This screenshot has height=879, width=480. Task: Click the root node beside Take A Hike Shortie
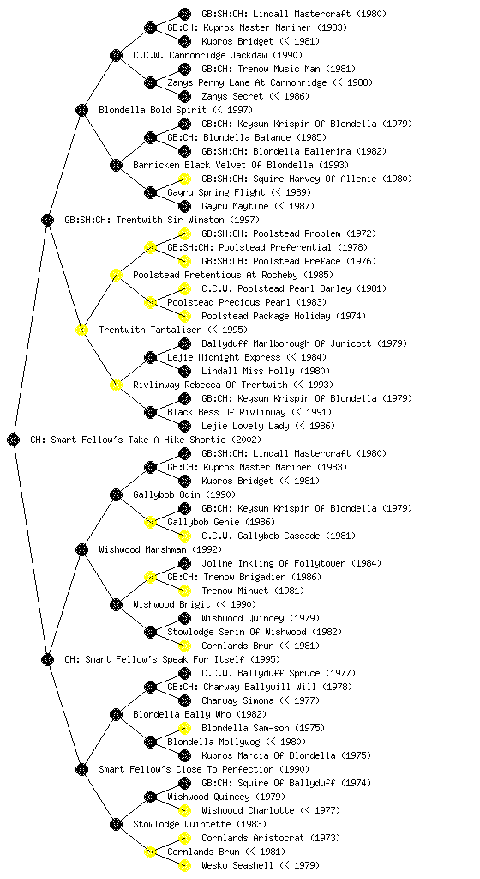[x=14, y=439]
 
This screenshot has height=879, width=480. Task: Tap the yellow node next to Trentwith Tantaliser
[x=81, y=330]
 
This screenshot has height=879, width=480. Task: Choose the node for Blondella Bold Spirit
[x=81, y=110]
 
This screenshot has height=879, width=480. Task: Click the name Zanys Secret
[x=232, y=96]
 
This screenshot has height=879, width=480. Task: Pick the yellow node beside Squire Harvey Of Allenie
[x=184, y=179]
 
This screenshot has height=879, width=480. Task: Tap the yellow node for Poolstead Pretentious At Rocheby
[x=116, y=275]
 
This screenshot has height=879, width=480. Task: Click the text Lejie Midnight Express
[x=224, y=357]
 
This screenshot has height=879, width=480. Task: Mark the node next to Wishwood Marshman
[x=81, y=549]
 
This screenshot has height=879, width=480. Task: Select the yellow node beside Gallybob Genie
[x=150, y=522]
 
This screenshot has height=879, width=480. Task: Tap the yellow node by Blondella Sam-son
[x=184, y=728]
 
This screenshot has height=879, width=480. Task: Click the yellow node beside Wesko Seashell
[x=184, y=865]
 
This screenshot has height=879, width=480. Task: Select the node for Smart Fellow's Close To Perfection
[x=81, y=769]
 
